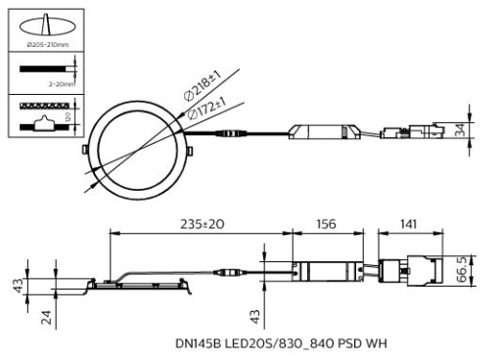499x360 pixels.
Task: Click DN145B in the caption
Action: point(199,343)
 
